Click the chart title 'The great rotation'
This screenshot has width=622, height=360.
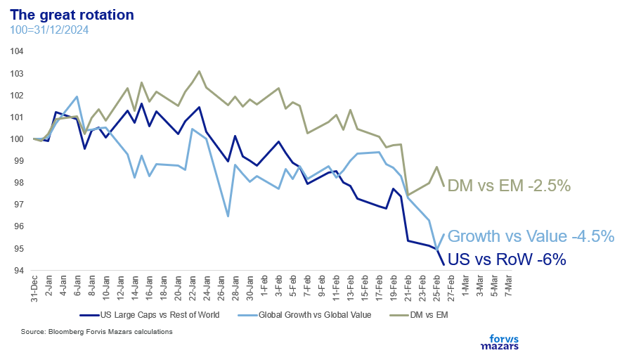72,14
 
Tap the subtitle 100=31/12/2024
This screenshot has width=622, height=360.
49,30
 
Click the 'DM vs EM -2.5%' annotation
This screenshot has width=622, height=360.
508,186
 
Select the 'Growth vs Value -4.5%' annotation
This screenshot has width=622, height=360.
531,236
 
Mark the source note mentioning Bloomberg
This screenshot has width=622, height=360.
96,331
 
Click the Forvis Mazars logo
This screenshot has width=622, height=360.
499,341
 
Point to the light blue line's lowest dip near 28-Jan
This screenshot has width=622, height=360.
228,216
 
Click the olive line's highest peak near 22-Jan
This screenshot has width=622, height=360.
199,71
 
